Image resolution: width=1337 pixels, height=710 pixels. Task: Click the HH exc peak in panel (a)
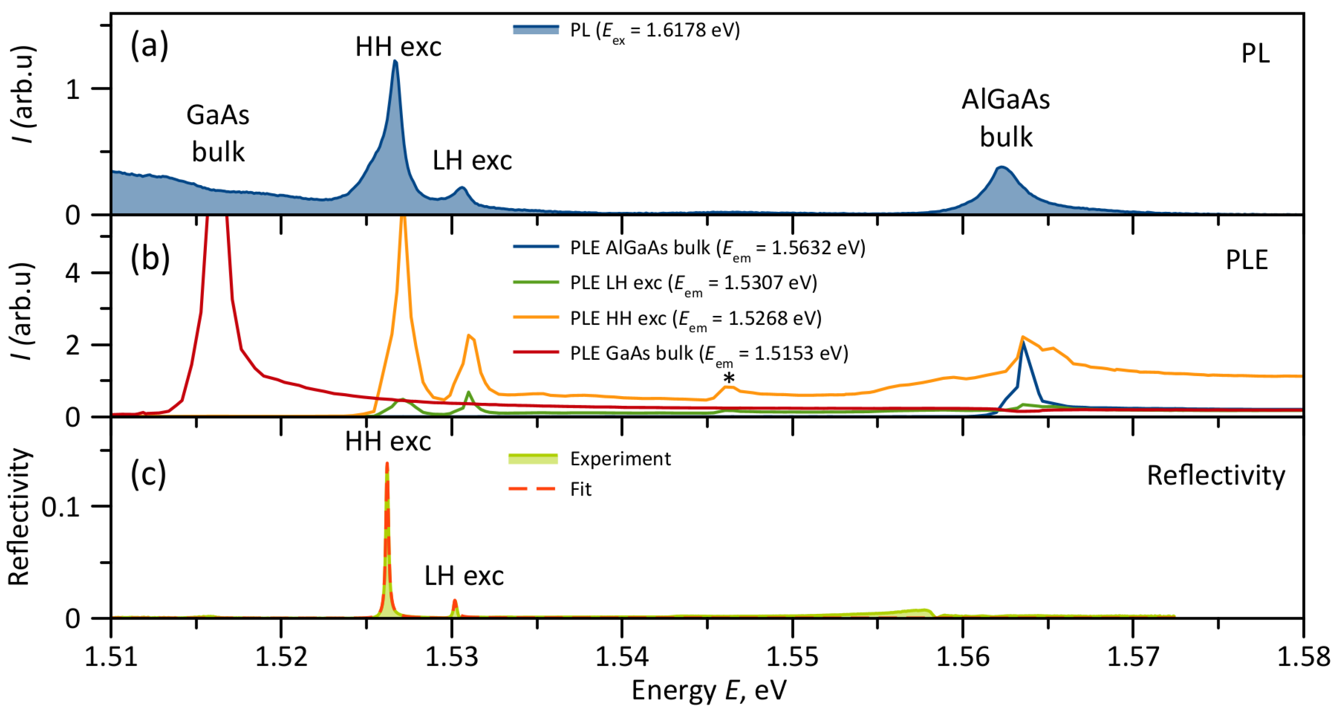click(395, 62)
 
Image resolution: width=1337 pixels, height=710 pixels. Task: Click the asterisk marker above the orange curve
click(729, 378)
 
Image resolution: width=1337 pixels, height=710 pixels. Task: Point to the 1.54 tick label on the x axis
click(622, 657)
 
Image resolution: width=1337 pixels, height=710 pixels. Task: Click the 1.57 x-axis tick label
click(1133, 657)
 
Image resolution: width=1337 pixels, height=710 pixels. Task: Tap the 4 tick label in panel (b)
click(73, 273)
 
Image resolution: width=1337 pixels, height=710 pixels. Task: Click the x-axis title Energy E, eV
click(709, 690)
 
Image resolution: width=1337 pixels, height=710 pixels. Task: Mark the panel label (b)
click(150, 258)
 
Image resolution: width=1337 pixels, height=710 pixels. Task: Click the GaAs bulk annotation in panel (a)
click(218, 133)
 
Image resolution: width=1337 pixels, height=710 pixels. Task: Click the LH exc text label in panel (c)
click(463, 576)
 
